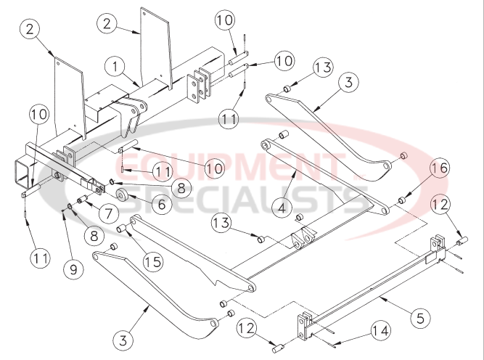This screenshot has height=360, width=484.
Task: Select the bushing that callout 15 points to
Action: [x=123, y=230]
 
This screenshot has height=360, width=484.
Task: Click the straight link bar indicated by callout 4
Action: [x=319, y=173]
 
